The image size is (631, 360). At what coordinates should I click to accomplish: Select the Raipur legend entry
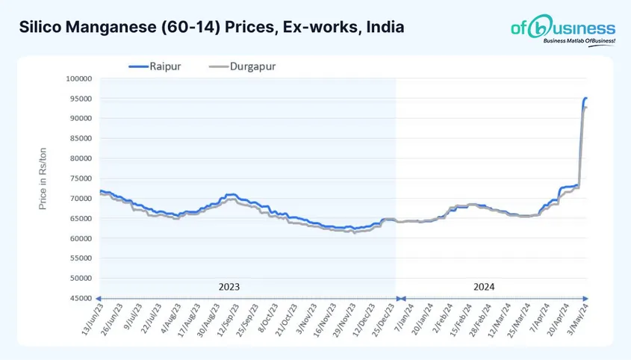tap(156, 66)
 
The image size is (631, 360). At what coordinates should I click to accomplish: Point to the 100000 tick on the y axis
tap(78, 78)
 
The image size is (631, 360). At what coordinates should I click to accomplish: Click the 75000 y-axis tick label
tap(79, 179)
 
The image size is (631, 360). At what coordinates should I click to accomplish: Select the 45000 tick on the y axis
tap(79, 299)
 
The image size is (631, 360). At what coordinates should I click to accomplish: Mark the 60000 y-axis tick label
tap(79, 239)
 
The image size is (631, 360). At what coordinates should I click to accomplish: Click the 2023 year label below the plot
tap(229, 286)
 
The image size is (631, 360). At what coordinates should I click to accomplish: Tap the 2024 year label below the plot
tap(483, 286)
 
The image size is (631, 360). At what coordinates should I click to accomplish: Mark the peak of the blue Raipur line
tap(586, 98)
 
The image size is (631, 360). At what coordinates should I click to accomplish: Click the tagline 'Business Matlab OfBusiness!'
tap(579, 42)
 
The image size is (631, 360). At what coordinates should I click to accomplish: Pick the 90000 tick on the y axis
tap(79, 118)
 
